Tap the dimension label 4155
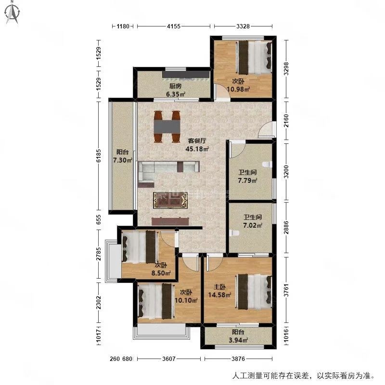[x=174, y=26]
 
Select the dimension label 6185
[x=99, y=155]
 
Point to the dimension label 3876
[x=238, y=359]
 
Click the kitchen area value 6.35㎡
[x=176, y=94]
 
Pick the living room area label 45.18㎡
[x=197, y=149]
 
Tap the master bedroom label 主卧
[x=219, y=287]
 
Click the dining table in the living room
[x=167, y=127]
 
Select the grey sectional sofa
[x=168, y=171]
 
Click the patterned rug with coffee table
[x=170, y=200]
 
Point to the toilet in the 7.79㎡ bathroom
[x=267, y=164]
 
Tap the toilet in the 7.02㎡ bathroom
[x=234, y=233]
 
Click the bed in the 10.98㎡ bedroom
[x=254, y=57]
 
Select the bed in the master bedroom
[x=254, y=292]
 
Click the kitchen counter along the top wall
[x=186, y=75]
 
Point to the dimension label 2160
[x=286, y=120]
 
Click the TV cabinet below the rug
[x=170, y=221]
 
